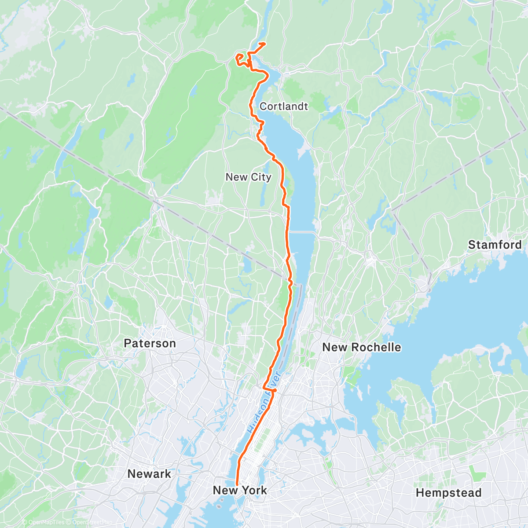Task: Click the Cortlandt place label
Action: point(284,106)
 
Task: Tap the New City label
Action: point(248,177)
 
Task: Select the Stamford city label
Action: point(495,245)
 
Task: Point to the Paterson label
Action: point(150,343)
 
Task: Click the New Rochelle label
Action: point(362,347)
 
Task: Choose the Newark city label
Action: point(149,474)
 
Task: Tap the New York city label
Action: point(240,490)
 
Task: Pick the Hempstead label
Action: point(448,493)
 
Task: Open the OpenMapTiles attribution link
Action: point(46,522)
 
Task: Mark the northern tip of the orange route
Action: point(264,43)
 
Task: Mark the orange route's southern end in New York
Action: point(237,484)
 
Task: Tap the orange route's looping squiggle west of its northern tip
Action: point(240,59)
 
